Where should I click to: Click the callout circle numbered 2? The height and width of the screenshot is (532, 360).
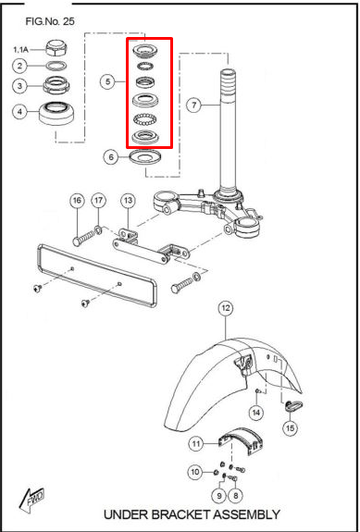point(19,66)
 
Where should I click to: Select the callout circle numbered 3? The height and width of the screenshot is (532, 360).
point(19,87)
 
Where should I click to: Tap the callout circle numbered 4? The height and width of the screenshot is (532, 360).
point(19,114)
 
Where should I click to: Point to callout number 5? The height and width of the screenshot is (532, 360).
point(110,82)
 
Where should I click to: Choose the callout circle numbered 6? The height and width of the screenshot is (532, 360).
point(111,157)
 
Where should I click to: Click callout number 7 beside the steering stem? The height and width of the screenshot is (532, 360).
point(193,105)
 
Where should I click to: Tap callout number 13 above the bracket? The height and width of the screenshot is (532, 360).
point(128,201)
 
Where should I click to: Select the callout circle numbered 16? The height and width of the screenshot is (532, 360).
point(77,201)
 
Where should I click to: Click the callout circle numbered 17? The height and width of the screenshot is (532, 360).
point(99,201)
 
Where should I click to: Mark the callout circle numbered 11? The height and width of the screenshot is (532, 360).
point(196,443)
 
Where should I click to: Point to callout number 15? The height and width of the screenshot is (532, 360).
point(292,427)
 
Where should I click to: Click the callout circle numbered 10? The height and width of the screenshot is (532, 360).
point(194,473)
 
